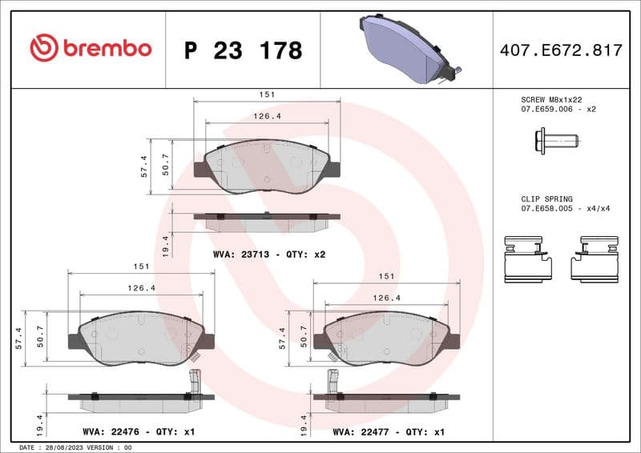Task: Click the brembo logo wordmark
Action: (91, 47)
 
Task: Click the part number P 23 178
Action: (243, 50)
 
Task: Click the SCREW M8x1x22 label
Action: (551, 98)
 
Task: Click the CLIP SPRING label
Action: (546, 199)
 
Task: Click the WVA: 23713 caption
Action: (268, 255)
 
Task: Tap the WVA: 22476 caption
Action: (139, 431)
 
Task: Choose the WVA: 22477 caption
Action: (389, 431)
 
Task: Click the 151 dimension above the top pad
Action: (267, 94)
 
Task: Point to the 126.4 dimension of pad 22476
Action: (141, 288)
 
